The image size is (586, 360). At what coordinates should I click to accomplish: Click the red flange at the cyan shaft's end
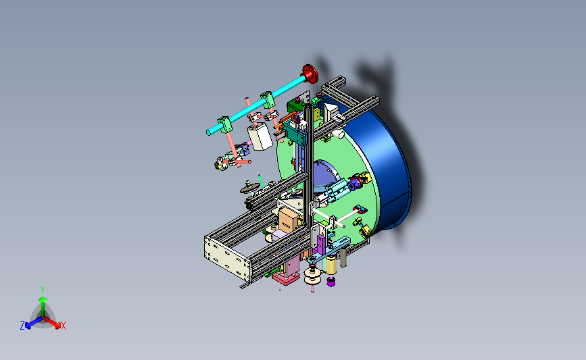point(310,74)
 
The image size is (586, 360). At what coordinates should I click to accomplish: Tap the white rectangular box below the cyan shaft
point(260,136)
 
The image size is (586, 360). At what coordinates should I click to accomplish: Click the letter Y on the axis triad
point(43,290)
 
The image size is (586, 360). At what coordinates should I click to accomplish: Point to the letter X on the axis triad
point(63,326)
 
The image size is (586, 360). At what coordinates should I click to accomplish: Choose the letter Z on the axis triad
point(22,326)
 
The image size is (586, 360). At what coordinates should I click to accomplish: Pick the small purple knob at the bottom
point(331,281)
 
